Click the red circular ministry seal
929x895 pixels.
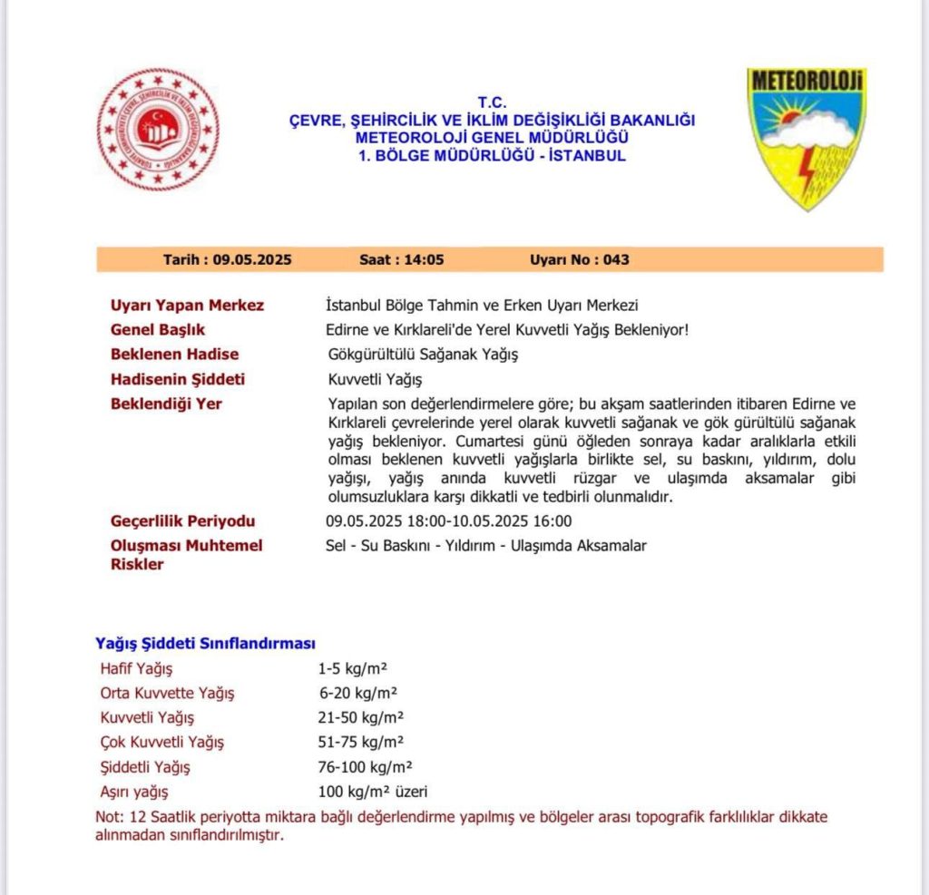[158, 130]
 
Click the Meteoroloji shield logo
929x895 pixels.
[807, 136]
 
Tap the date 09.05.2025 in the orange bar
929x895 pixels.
[252, 259]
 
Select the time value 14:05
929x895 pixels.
[426, 259]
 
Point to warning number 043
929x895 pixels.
[615, 259]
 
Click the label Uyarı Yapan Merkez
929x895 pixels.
[187, 305]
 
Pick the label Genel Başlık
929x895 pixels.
[158, 329]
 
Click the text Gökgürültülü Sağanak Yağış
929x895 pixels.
[422, 354]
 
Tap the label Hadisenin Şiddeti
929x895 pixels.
[178, 379]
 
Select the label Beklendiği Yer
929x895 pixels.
[166, 404]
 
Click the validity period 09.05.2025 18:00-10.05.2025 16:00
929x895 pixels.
[448, 521]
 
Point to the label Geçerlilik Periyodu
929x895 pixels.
[182, 521]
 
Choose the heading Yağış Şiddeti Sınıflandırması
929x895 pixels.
[205, 643]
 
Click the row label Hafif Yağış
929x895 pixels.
[136, 669]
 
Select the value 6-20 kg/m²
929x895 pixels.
[358, 694]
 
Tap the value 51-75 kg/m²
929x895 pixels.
[361, 742]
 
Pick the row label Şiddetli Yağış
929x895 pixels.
[145, 766]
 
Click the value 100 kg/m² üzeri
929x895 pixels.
[372, 791]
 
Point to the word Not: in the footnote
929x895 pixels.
[109, 816]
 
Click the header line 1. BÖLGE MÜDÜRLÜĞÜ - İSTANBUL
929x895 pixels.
[493, 156]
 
